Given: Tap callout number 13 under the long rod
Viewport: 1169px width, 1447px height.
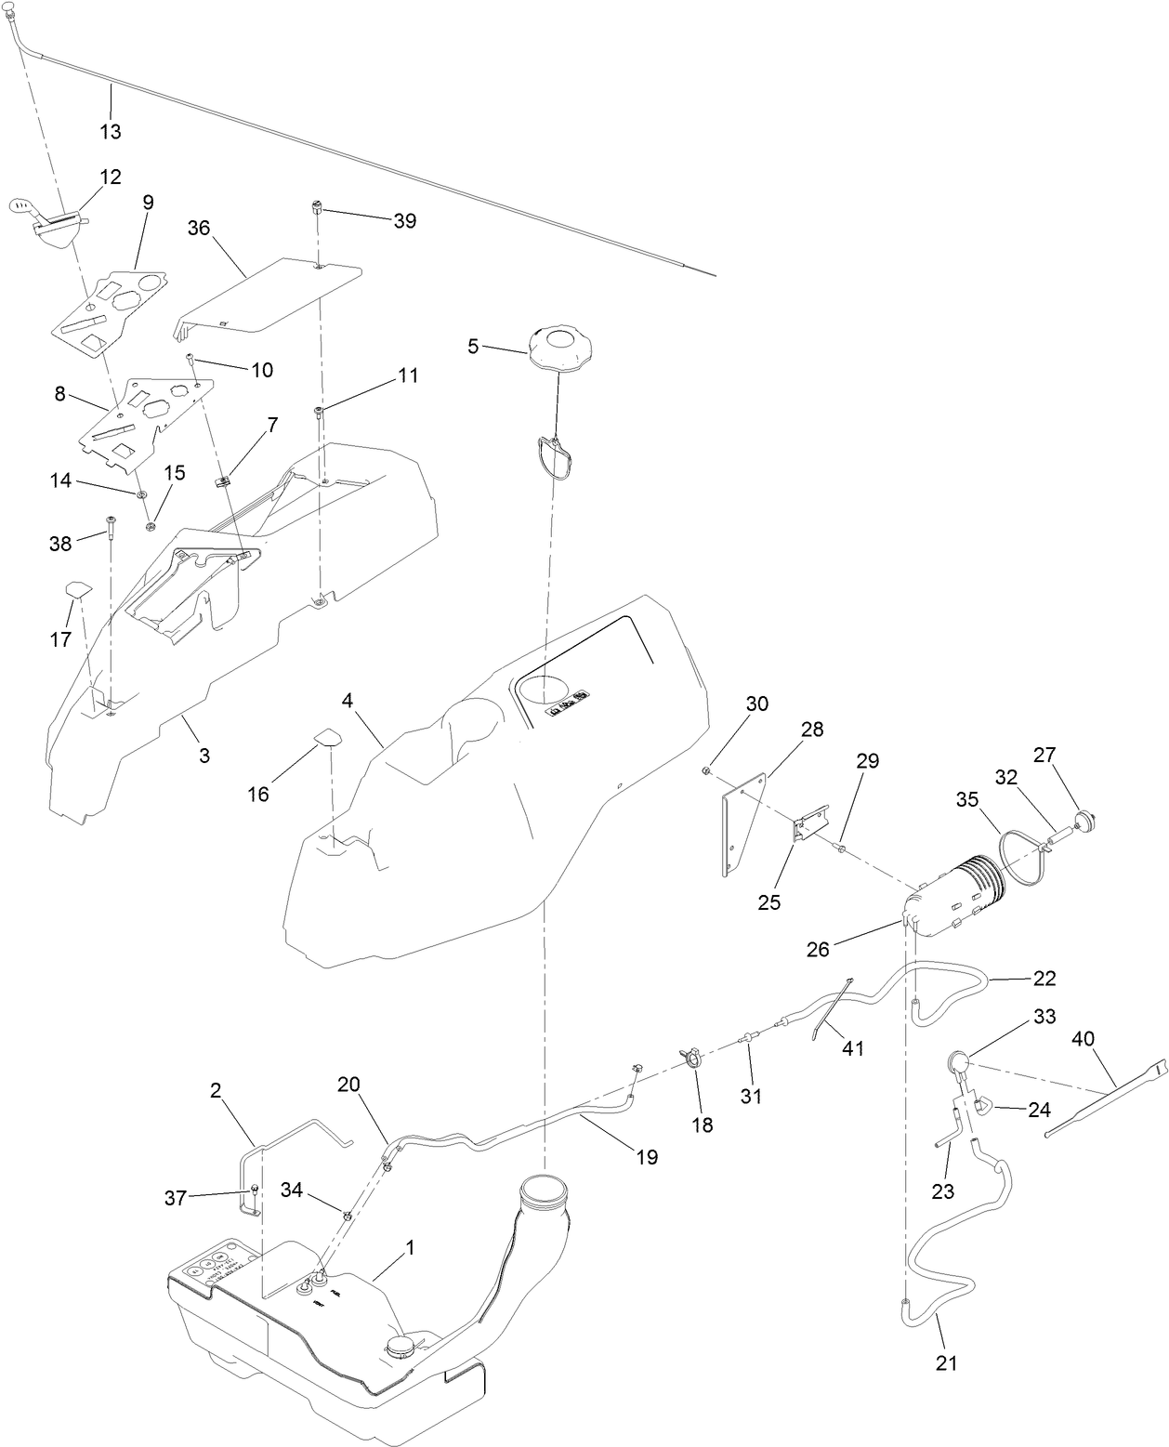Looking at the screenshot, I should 111,132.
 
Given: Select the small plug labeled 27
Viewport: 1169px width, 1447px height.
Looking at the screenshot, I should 1084,819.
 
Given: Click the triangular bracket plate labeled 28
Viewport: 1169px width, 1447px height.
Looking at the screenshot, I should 741,822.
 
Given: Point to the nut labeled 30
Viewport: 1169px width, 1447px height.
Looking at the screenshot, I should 708,770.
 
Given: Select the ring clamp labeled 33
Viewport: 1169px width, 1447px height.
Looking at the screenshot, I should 959,1061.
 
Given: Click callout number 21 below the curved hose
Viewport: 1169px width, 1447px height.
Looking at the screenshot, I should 947,1363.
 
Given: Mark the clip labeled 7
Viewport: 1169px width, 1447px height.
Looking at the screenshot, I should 224,480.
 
